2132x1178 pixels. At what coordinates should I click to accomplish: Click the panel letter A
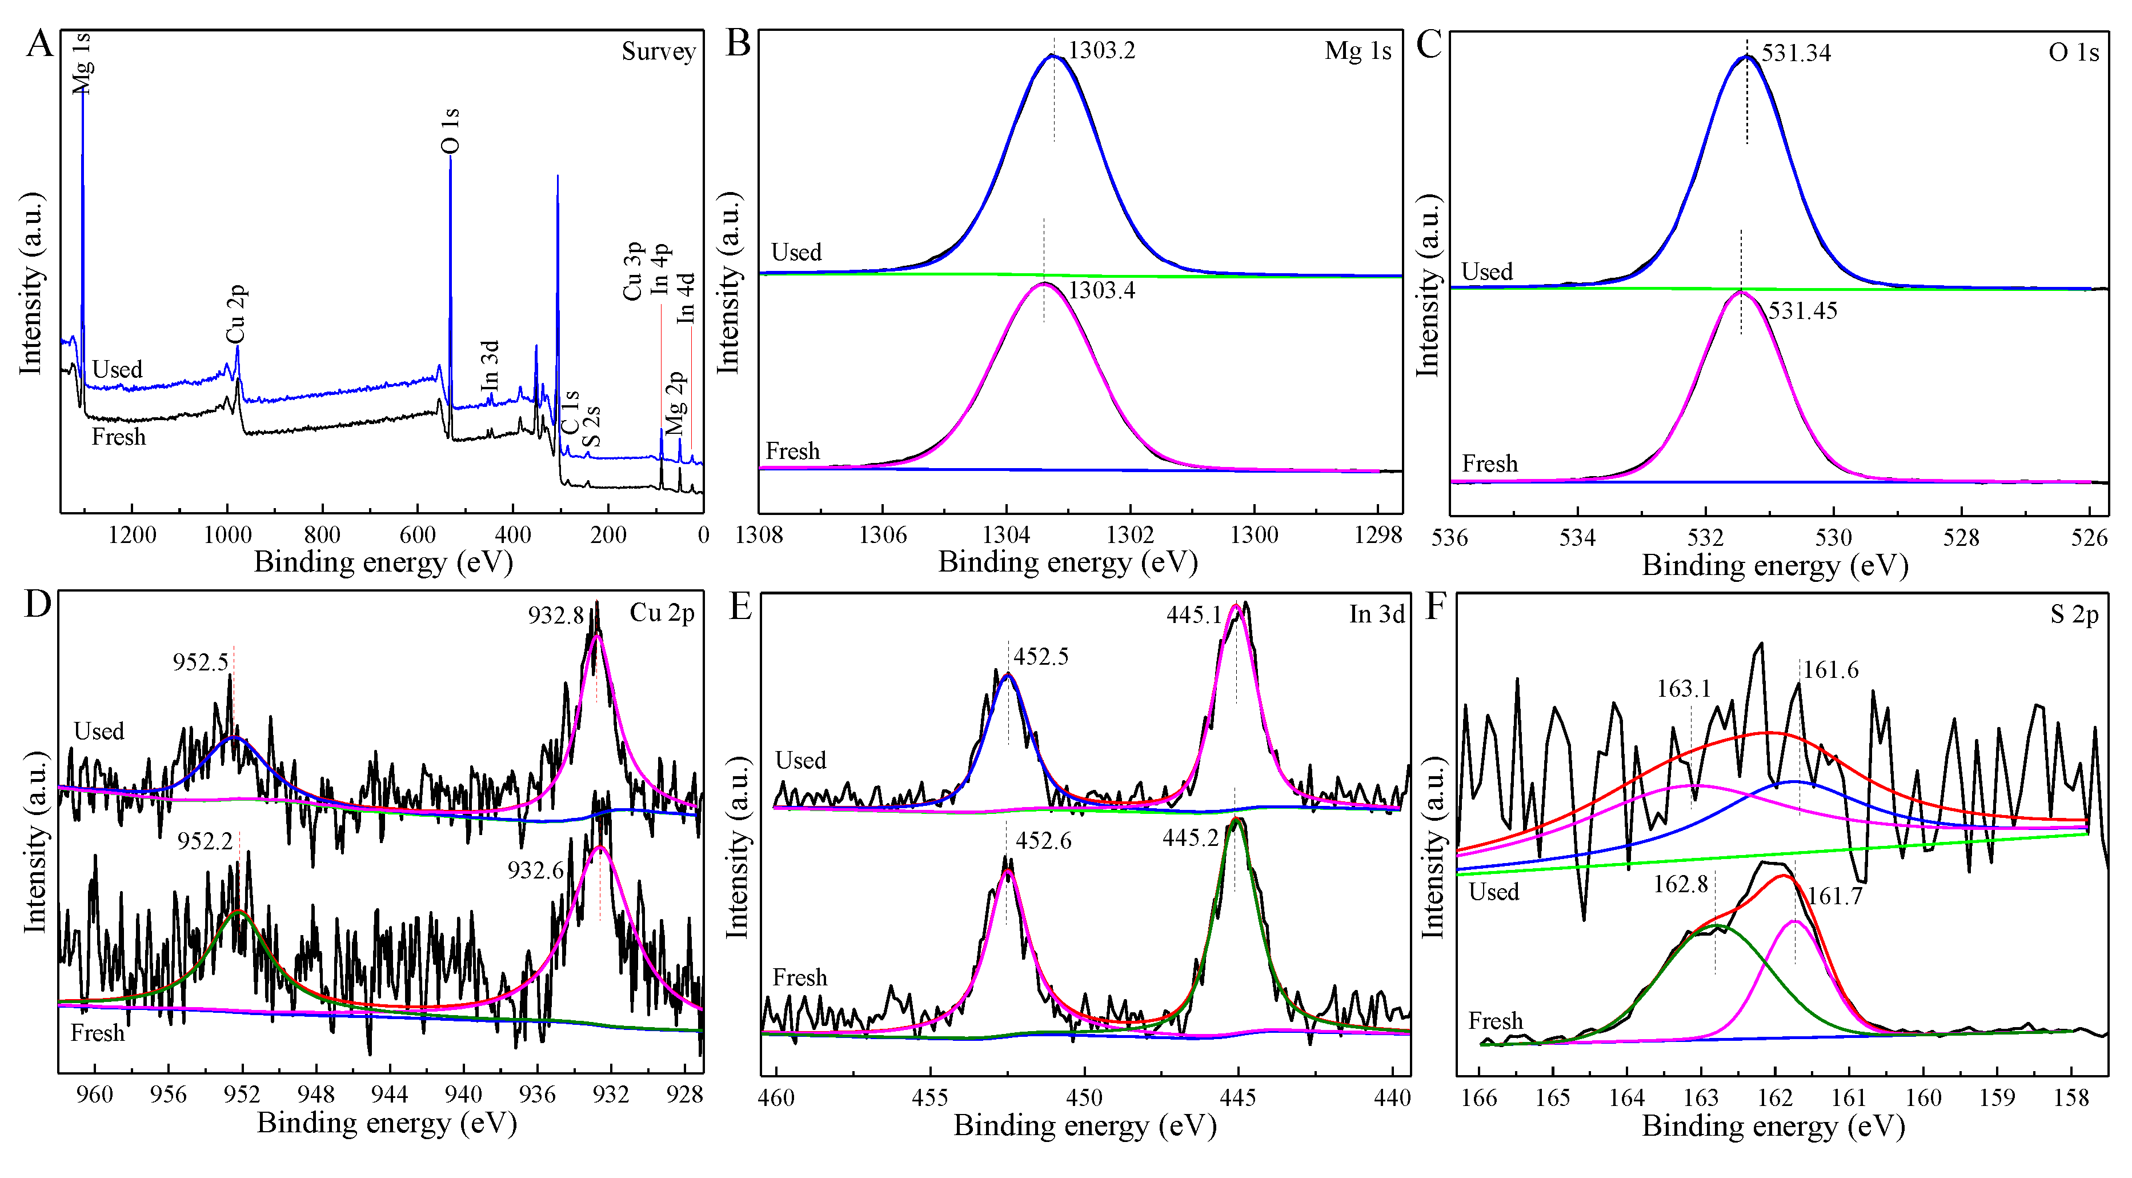click(38, 43)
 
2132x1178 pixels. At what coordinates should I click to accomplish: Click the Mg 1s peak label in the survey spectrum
click(81, 63)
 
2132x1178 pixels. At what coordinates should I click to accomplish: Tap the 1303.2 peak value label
click(1101, 50)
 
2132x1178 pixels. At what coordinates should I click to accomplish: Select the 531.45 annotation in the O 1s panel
click(1802, 312)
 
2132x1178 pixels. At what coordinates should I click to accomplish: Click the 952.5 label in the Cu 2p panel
click(201, 662)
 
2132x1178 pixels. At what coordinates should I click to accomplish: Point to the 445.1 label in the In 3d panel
click(1193, 615)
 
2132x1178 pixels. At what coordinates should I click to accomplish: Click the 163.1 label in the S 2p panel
click(1684, 689)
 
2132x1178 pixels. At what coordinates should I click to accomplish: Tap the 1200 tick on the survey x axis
click(133, 536)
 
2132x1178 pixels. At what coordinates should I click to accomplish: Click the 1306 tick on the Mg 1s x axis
click(882, 536)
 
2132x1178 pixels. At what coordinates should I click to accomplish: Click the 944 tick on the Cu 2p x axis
click(389, 1095)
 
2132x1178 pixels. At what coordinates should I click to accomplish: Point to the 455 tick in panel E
click(929, 1098)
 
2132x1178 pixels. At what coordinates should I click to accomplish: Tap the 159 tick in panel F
click(1997, 1099)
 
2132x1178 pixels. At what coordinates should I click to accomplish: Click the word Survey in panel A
click(658, 51)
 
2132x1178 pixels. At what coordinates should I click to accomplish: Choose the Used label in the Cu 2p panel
click(98, 732)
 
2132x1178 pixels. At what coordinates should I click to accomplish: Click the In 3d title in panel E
click(1376, 614)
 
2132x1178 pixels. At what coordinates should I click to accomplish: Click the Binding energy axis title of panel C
click(1774, 566)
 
